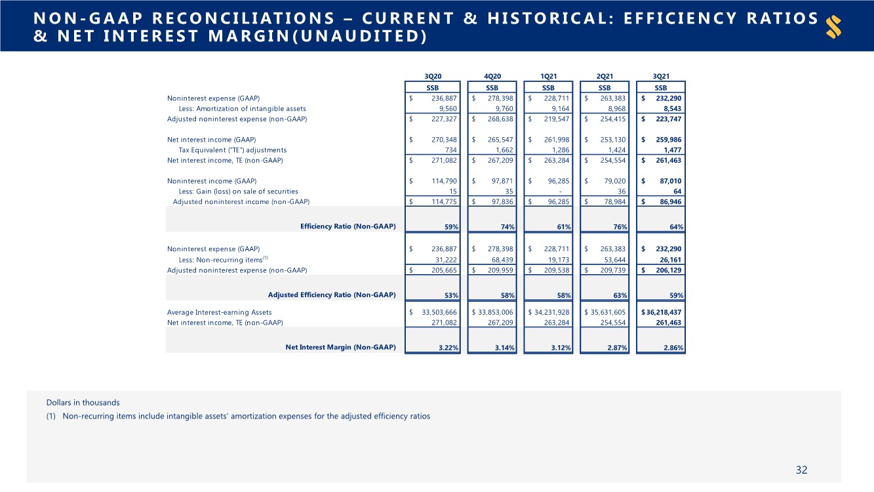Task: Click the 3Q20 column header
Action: click(x=433, y=75)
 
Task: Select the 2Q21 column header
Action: click(x=605, y=75)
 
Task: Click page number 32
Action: click(x=801, y=470)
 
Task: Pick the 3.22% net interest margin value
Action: click(x=448, y=348)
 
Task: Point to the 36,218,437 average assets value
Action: click(x=663, y=312)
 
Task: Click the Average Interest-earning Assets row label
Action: click(x=219, y=312)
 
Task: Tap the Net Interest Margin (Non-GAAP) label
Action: click(x=340, y=348)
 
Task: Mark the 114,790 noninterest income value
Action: click(x=441, y=181)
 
